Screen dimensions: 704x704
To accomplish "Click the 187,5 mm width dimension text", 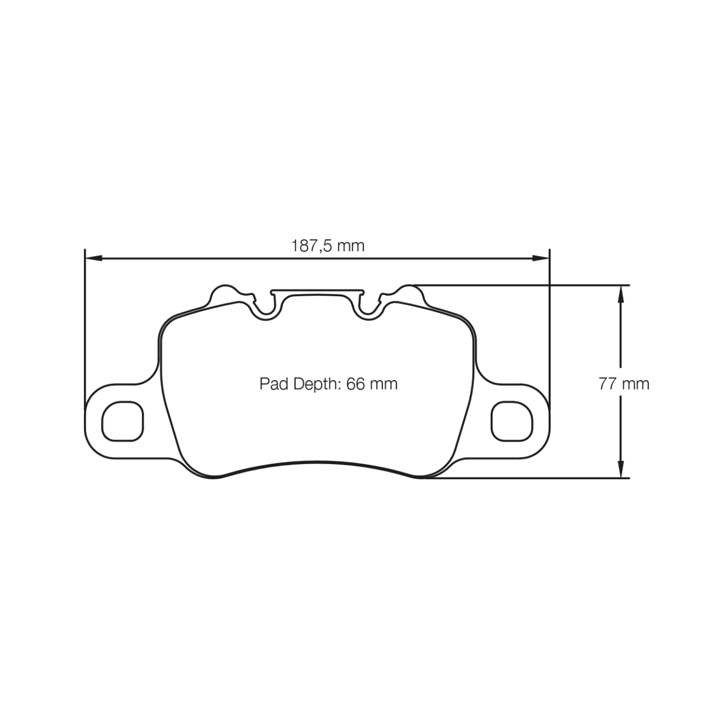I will pos(327,245).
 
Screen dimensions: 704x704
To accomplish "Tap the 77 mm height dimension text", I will pos(624,384).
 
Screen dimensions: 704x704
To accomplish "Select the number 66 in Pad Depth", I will pos(356,384).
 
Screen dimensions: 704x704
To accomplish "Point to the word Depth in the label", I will pos(316,384).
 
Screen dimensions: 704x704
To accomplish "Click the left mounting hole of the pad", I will pos(123,421).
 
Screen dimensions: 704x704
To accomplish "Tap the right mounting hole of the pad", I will pos(512,421).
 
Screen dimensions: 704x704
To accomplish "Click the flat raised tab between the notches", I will pos(318,292).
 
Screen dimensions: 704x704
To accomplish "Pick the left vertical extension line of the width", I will pos(84,323).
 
